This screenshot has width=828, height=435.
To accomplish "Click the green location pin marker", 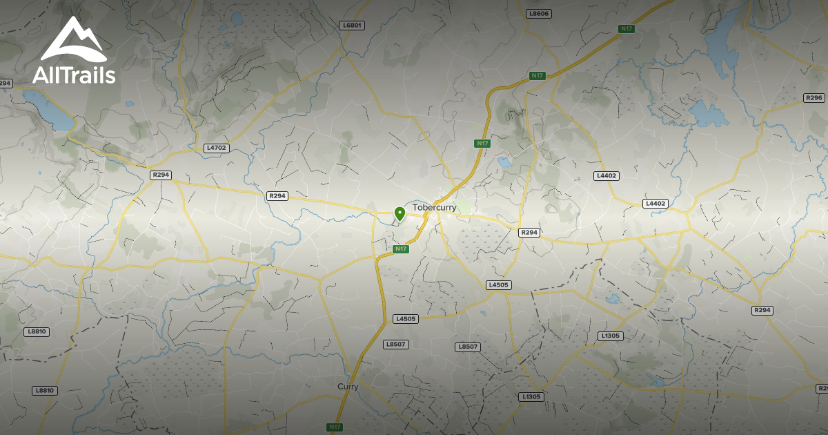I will tap(399, 213).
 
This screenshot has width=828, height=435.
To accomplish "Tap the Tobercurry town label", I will tap(434, 207).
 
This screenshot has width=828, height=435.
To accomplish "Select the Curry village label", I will tap(348, 387).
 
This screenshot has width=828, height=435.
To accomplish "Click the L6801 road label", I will tap(353, 26).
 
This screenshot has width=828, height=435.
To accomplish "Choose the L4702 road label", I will tap(216, 148).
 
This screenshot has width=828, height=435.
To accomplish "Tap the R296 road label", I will tap(814, 98).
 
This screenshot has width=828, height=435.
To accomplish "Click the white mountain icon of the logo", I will tap(73, 41).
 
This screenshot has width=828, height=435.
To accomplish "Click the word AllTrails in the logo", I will tap(73, 75).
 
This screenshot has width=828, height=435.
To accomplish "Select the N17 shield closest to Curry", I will tap(335, 427).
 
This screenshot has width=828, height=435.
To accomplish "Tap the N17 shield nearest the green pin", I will tap(400, 249).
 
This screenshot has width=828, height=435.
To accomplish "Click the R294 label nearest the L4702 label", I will tap(161, 175).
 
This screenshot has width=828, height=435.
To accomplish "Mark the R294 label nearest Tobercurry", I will tap(529, 233).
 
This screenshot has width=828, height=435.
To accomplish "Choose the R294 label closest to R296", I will tap(762, 311).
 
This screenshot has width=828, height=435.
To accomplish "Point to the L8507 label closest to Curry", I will tap(397, 344).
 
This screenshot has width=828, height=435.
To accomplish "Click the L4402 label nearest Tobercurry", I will tap(607, 176).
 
